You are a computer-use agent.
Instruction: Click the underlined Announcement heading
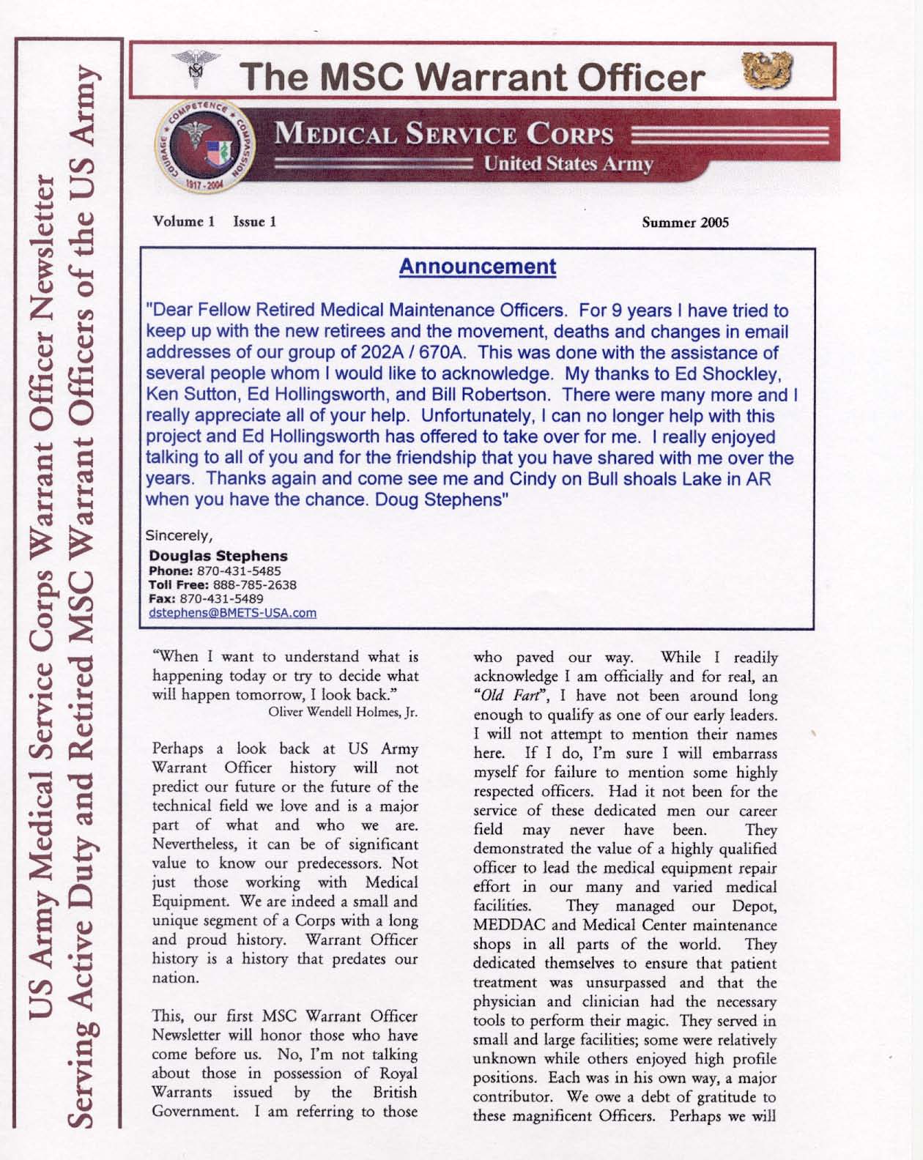477,267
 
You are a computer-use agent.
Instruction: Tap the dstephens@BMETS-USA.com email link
232,612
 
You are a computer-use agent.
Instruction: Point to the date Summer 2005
685,223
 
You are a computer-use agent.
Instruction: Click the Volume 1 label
183,221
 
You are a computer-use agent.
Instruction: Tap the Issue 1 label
254,221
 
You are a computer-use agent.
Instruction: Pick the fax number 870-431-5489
221,598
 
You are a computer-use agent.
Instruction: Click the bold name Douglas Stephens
218,556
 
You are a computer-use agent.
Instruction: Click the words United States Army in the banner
568,163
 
